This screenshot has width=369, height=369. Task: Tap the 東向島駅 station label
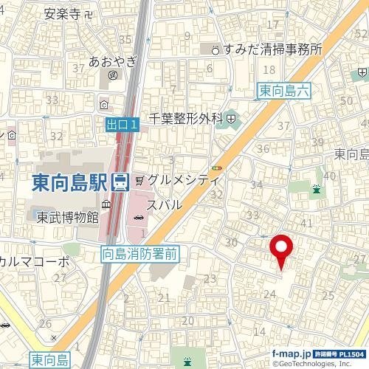coord(70,182)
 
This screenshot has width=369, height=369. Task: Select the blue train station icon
coord(120,182)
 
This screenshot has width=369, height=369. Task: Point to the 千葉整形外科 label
coord(186,117)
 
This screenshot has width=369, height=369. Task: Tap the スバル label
coord(164,204)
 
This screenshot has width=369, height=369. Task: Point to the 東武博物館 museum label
coord(68,217)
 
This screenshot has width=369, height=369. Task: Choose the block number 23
coord(210,279)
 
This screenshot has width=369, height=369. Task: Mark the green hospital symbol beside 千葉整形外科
coord(231,117)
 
